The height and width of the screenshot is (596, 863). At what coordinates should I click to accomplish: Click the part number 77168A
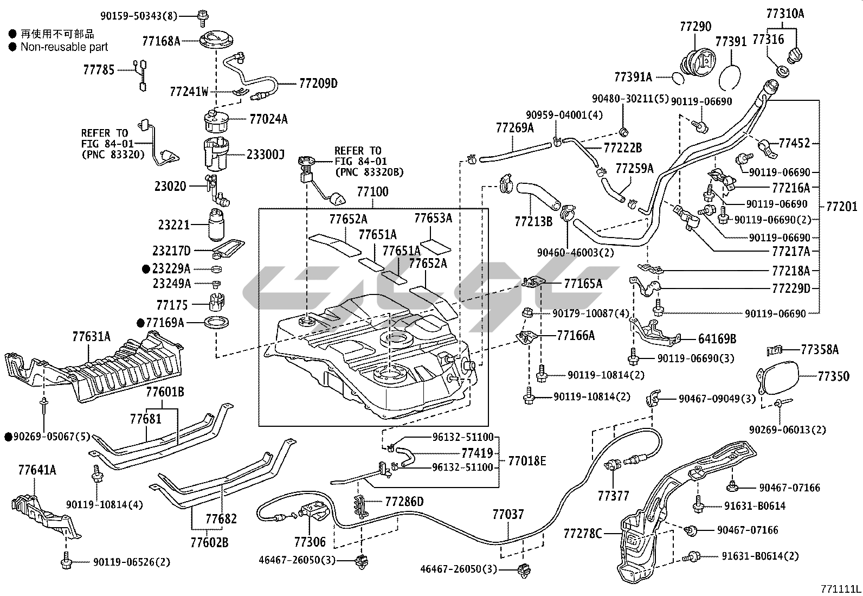point(161,41)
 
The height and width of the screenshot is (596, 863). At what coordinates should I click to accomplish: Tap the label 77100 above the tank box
point(372,192)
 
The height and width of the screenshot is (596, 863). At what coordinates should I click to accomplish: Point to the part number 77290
point(695,27)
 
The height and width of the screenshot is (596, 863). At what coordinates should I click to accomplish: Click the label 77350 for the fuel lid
point(833,375)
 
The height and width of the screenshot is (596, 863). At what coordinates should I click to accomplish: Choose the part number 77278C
point(583,534)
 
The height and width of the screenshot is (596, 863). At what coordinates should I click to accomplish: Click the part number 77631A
point(91,337)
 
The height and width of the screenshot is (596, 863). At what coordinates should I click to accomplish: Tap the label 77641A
point(37,470)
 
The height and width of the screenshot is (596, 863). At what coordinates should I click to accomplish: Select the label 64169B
point(717,339)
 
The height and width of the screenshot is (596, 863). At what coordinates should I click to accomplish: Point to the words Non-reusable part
point(64,47)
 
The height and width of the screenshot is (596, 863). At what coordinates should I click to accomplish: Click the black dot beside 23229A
point(146,268)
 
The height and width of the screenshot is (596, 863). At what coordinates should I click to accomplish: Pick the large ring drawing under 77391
point(730,70)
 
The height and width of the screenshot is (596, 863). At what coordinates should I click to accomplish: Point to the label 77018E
point(527,462)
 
